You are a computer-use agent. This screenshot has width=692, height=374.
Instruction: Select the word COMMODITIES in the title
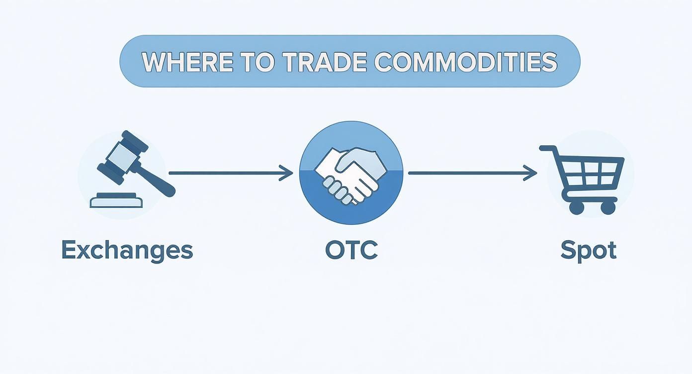pyautogui.click(x=465, y=62)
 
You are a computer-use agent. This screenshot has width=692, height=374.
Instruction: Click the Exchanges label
pyautogui.click(x=127, y=250)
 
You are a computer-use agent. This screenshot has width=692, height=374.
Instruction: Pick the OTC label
pyautogui.click(x=351, y=250)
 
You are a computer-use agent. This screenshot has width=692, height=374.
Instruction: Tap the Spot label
pyautogui.click(x=588, y=250)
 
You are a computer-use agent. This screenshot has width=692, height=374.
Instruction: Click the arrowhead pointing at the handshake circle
pyautogui.click(x=287, y=173)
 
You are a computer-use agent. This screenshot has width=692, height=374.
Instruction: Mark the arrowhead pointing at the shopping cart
pyautogui.click(x=531, y=173)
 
